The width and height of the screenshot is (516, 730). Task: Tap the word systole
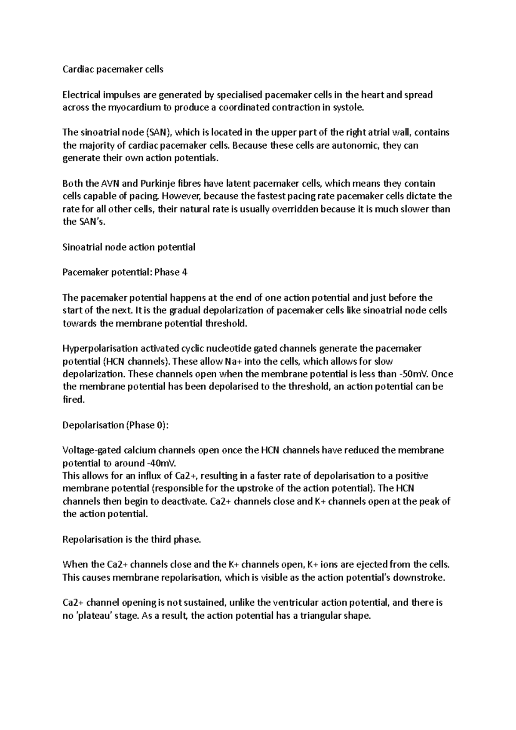[x=349, y=107]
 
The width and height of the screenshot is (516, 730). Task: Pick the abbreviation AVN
[x=111, y=184]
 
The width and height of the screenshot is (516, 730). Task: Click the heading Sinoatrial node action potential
[x=129, y=247]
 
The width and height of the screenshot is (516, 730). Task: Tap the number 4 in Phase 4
[x=184, y=273]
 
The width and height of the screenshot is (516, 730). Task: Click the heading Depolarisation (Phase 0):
[x=116, y=425]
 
